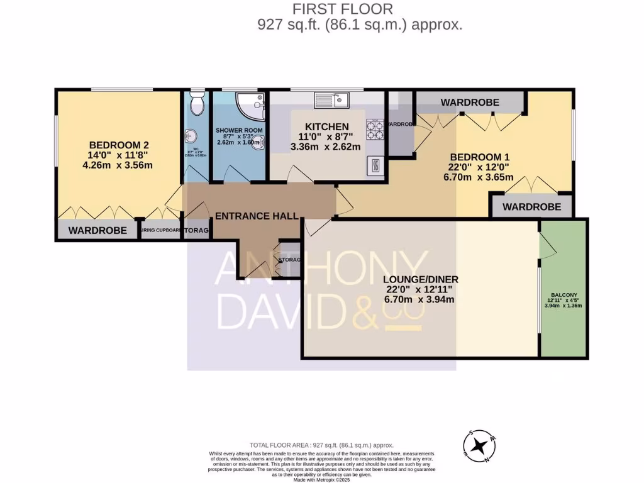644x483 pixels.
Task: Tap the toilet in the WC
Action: (196, 105)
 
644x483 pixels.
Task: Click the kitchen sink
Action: (331, 99)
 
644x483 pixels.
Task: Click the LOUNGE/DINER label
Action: (420, 279)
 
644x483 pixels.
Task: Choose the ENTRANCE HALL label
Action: (257, 216)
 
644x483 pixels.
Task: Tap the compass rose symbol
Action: (481, 446)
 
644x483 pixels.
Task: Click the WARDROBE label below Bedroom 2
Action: (97, 230)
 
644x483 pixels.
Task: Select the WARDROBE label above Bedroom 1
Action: (470, 102)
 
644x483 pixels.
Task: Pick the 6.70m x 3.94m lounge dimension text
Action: (420, 299)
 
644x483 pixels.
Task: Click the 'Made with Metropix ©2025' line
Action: (321, 479)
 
